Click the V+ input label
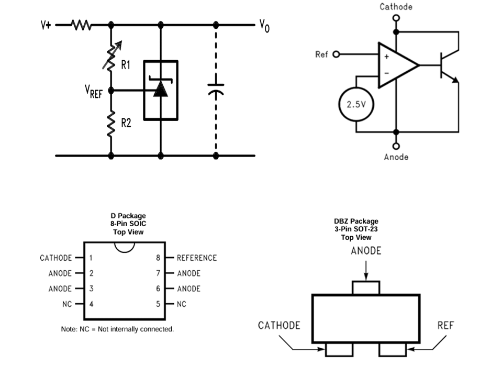pos(46,25)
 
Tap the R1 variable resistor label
pos(126,65)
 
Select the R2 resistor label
pos(126,123)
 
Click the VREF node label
pos(94,92)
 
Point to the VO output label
pos(264,26)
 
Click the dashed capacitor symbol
pos(216,90)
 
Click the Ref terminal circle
pos(336,54)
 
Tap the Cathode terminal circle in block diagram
pos(396,18)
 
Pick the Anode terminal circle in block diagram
pos(396,146)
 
